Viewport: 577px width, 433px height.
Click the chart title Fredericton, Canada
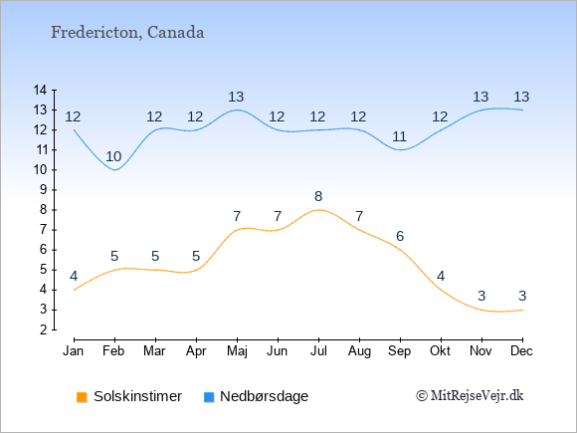click(127, 33)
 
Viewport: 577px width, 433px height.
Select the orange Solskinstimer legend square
click(82, 397)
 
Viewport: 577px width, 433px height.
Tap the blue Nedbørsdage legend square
click(209, 397)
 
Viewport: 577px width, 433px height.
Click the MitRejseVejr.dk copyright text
click(470, 396)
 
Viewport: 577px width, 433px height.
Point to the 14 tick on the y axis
click(40, 90)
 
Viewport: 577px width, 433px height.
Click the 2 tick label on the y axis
click(44, 329)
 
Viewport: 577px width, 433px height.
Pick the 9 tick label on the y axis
click(44, 190)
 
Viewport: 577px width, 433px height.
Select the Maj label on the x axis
click(237, 351)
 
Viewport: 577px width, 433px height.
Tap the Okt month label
click(440, 351)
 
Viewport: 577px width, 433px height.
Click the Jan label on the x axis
click(74, 351)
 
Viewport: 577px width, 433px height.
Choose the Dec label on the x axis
click(522, 351)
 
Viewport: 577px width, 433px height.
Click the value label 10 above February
click(113, 157)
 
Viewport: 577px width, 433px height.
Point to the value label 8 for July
click(318, 197)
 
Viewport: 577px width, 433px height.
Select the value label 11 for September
click(399, 137)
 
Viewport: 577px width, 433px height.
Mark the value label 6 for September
click(400, 236)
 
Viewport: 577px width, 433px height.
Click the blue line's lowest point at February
click(115, 170)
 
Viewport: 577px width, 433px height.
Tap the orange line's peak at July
click(318, 210)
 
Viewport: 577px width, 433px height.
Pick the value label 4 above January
click(74, 276)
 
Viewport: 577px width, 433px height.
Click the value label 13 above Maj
click(236, 98)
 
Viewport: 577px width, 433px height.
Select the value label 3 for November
click(481, 296)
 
